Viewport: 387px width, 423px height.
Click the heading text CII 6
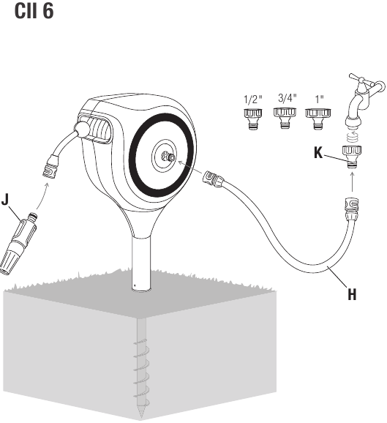pyautogui.click(x=34, y=11)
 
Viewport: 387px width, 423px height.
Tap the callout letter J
pyautogui.click(x=5, y=199)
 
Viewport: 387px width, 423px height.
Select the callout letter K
pyautogui.click(x=318, y=153)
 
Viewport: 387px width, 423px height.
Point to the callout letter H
pyautogui.click(x=352, y=294)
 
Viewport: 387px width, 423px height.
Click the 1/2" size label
pyautogui.click(x=252, y=100)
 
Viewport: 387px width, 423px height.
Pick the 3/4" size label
pyautogui.click(x=288, y=98)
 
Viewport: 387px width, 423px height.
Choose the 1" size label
pyautogui.click(x=319, y=99)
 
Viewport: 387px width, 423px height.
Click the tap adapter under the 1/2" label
pyautogui.click(x=253, y=119)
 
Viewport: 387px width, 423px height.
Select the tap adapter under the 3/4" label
pyautogui.click(x=285, y=118)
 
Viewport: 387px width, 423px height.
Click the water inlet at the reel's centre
pyautogui.click(x=168, y=157)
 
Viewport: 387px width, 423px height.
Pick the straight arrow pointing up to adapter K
pyautogui.click(x=352, y=181)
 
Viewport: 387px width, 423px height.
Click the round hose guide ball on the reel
pyautogui.click(x=82, y=129)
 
